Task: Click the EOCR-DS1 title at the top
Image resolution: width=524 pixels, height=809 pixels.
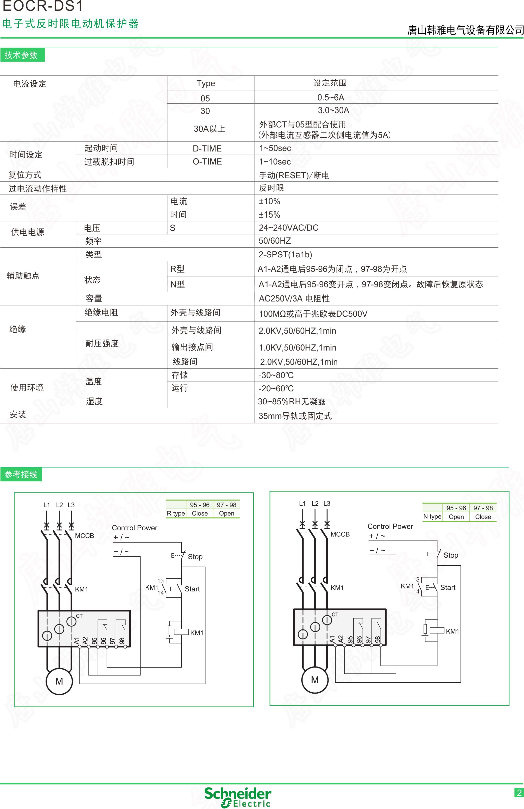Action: tap(43, 6)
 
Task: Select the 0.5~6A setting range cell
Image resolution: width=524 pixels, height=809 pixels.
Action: tap(330, 98)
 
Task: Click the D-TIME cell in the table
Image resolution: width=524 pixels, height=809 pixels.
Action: tap(207, 148)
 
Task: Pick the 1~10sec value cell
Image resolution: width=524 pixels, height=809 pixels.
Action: tap(275, 162)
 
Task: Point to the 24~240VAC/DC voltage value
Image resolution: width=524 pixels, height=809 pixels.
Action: tap(289, 228)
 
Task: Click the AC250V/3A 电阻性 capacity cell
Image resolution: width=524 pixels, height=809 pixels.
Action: tap(294, 298)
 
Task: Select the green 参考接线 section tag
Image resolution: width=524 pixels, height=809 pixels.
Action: tap(21, 474)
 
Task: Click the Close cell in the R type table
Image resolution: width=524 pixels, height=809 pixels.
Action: tap(200, 513)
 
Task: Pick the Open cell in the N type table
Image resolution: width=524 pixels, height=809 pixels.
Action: tap(456, 517)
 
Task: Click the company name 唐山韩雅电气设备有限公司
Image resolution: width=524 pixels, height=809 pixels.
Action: tap(465, 30)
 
